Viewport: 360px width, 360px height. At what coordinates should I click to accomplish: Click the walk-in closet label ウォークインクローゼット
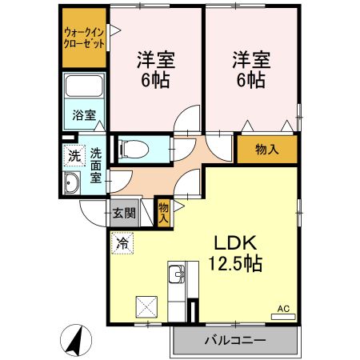click(x=84, y=38)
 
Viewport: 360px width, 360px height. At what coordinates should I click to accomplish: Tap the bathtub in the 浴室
click(x=84, y=86)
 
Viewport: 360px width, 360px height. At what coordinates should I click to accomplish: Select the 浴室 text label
click(x=84, y=114)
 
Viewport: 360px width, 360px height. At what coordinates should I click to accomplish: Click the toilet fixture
click(x=134, y=149)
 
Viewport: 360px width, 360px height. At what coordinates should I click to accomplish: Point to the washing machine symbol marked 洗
click(x=74, y=156)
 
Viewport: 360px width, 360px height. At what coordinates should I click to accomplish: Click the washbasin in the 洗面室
click(x=72, y=182)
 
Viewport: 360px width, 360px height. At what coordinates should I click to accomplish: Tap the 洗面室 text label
click(x=96, y=166)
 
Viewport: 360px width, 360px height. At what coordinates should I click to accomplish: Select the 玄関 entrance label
click(x=124, y=213)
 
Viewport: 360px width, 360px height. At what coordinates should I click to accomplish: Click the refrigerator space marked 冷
click(x=122, y=243)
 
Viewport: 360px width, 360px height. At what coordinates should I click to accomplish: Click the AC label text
click(x=283, y=309)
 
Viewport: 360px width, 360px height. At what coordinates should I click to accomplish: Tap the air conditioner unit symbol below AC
click(x=283, y=317)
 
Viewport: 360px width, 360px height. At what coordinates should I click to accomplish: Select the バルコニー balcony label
click(x=235, y=340)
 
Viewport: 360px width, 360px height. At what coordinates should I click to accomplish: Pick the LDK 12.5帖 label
click(x=234, y=254)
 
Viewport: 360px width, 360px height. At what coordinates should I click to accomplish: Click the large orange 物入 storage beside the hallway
click(x=267, y=149)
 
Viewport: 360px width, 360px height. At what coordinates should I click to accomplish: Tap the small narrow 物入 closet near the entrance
click(x=164, y=213)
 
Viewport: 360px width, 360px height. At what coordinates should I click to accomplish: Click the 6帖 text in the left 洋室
click(x=155, y=80)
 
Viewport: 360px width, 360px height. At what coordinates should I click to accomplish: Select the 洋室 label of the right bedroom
click(x=251, y=60)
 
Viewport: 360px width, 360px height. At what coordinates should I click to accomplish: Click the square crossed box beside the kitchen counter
click(x=146, y=306)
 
